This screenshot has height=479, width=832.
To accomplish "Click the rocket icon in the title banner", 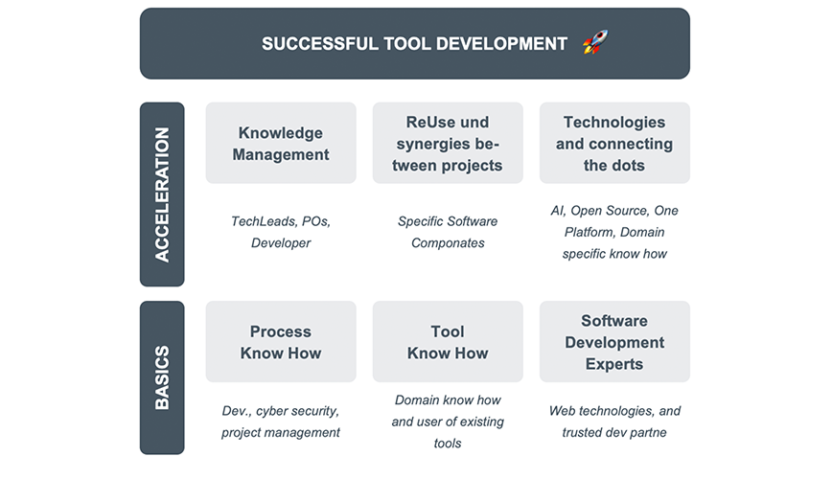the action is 595,42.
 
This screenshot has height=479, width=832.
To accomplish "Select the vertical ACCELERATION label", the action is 162,194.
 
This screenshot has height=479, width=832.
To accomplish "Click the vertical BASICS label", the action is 162,377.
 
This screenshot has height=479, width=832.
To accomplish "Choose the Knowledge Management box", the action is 281,144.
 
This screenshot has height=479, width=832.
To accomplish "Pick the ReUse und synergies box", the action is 448,144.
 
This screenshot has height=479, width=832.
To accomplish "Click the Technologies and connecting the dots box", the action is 614,144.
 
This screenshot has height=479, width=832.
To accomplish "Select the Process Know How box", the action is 281,342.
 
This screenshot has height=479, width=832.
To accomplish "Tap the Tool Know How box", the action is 448,342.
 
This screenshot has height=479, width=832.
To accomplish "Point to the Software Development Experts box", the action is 614,342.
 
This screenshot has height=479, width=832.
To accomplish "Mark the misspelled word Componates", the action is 448,243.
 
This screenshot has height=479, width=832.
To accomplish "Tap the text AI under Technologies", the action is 558,211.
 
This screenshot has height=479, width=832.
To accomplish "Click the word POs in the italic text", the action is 316,221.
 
